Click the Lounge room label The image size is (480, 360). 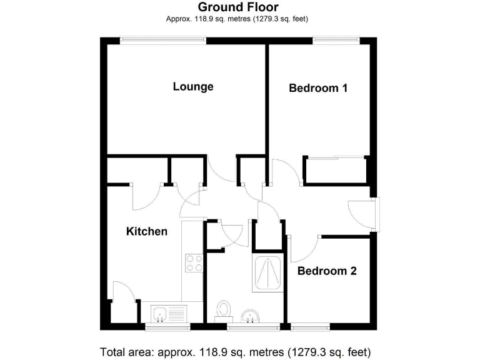coord(193,87)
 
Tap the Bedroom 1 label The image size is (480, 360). coord(318,88)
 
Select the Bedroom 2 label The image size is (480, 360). coord(326,271)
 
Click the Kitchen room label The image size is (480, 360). coord(147,231)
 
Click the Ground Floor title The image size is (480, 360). coord(238,7)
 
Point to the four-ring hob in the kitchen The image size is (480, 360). coord(194,264)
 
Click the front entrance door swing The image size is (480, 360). coord(361,214)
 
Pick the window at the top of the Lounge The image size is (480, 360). coord(163,40)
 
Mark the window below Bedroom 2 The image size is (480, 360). coord(311,326)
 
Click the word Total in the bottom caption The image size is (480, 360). coord(113,351)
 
